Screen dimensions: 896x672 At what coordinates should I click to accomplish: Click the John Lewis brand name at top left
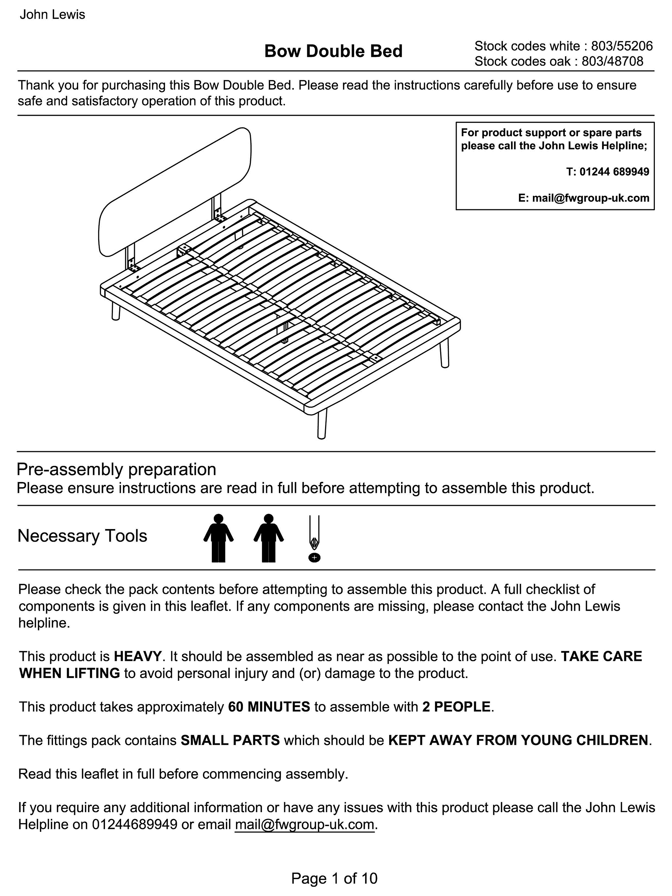point(52,15)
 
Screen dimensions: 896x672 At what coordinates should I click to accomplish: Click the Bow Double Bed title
point(333,52)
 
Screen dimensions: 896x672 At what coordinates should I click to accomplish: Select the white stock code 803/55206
point(622,46)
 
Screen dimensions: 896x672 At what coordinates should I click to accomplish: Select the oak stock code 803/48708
point(612,62)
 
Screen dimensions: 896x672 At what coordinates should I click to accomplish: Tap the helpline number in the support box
point(614,172)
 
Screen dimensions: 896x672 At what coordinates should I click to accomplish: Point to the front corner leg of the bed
point(322,424)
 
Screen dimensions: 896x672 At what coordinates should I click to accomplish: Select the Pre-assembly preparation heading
point(116,470)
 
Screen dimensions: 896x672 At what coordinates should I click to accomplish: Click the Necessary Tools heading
point(82,536)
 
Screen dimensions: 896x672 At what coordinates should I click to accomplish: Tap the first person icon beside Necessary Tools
point(218,538)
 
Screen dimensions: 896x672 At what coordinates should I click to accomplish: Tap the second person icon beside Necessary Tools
point(268,538)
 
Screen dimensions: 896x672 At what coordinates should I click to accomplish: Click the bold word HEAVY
point(138,656)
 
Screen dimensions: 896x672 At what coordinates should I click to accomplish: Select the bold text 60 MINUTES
point(269,707)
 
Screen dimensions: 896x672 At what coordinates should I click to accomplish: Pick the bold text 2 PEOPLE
point(456,707)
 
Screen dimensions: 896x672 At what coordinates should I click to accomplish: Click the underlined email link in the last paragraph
point(304,825)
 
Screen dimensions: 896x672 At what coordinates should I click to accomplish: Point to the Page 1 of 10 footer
point(334,878)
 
